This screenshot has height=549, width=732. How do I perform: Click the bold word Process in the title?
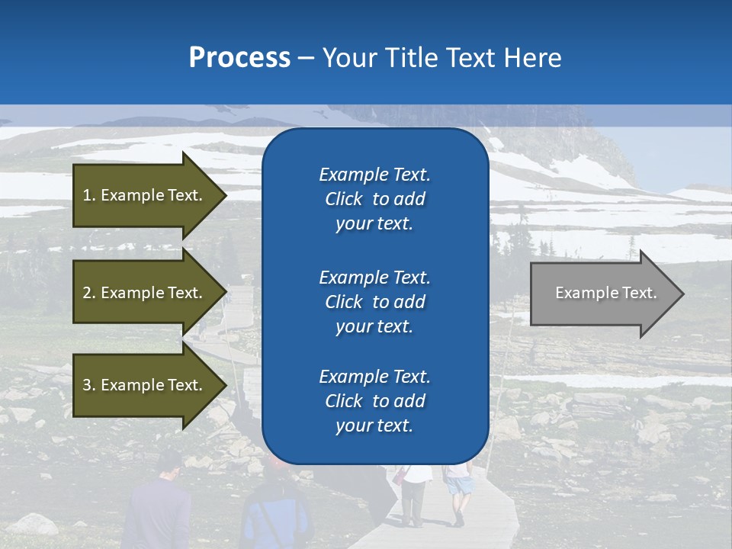pyautogui.click(x=239, y=58)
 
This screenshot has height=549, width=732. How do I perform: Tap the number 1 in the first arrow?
pyautogui.click(x=87, y=195)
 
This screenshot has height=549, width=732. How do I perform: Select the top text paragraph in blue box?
pyautogui.click(x=374, y=199)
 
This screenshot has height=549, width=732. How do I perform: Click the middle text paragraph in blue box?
pyautogui.click(x=374, y=302)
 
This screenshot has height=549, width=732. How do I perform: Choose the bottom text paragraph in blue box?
pyautogui.click(x=374, y=401)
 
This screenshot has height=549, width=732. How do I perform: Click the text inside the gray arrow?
pyautogui.click(x=606, y=293)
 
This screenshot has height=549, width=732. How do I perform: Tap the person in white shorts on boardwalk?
pyautogui.click(x=458, y=492)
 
